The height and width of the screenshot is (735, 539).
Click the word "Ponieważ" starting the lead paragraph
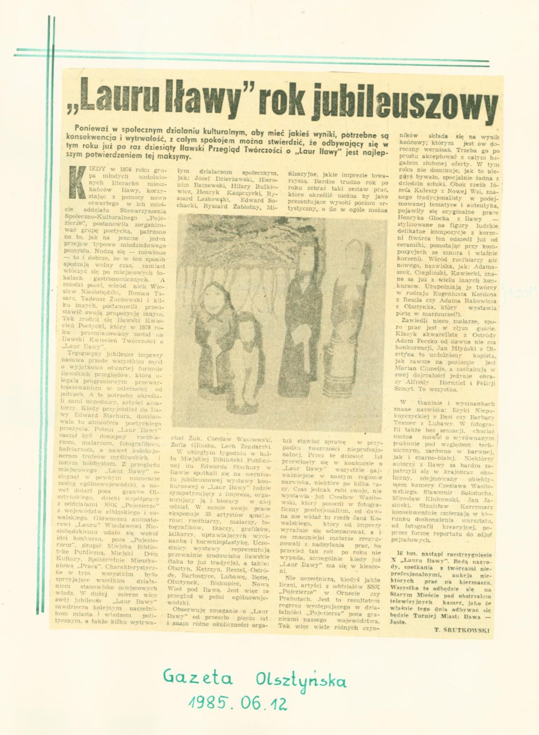pyautogui.click(x=90, y=128)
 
